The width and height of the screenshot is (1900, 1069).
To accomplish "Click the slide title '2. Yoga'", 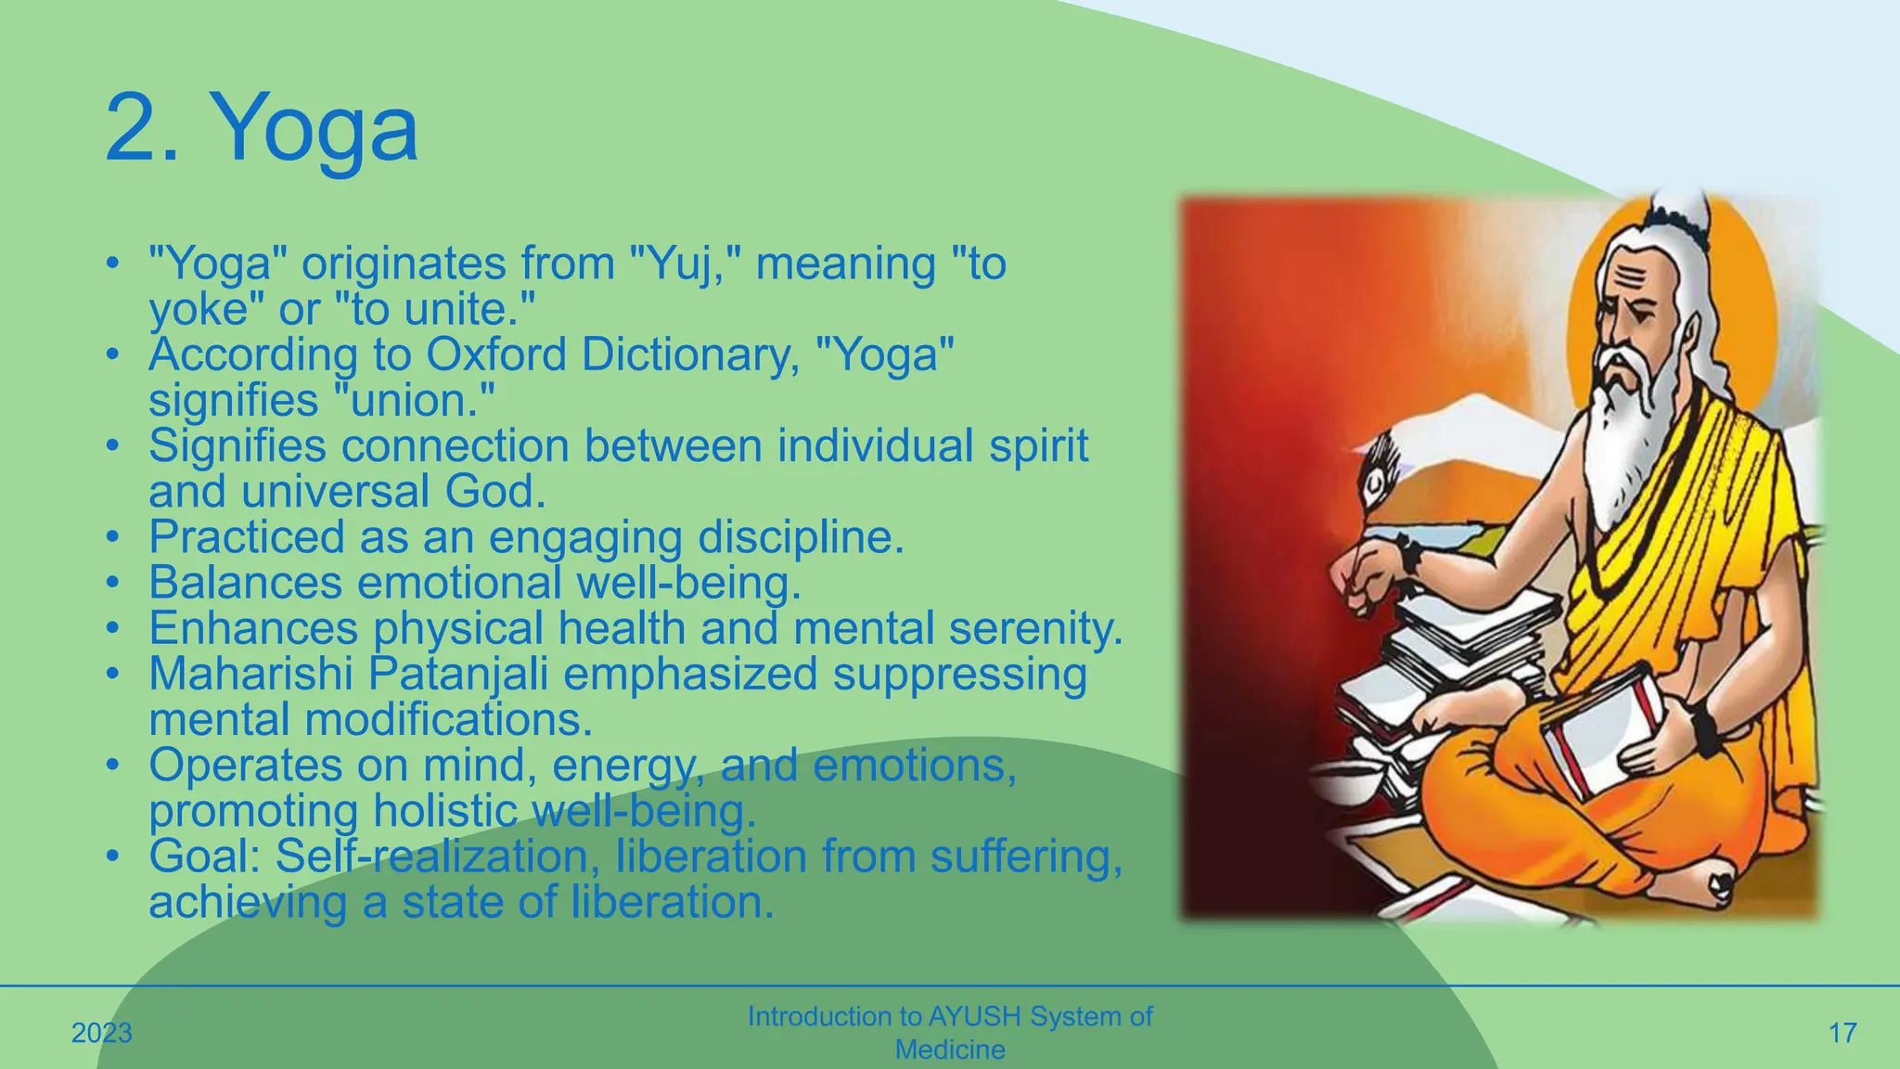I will click(x=262, y=128).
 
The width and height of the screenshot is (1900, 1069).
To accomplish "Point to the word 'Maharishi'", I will click(x=251, y=674).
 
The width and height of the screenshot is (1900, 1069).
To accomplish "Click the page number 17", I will click(x=1842, y=1033).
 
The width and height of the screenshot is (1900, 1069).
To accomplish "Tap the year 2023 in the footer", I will click(x=102, y=1033).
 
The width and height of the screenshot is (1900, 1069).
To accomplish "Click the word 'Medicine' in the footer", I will click(x=949, y=1050).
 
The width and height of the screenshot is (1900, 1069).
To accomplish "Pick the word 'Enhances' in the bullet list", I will click(x=253, y=628).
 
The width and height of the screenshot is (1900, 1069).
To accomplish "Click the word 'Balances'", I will click(x=246, y=583).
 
